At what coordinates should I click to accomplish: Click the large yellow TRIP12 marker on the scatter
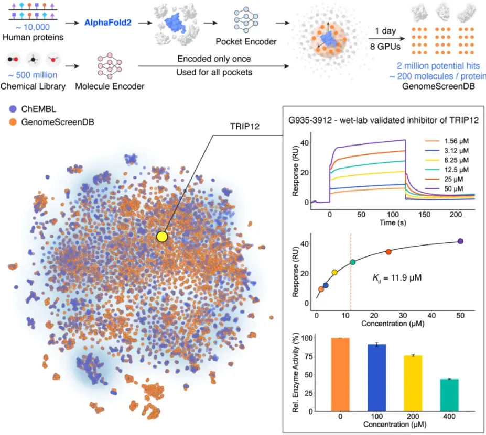[162, 237]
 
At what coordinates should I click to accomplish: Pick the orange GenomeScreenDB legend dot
[13, 123]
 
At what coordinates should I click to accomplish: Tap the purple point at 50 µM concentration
[460, 241]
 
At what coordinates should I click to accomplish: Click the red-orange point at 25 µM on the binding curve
[388, 252]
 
